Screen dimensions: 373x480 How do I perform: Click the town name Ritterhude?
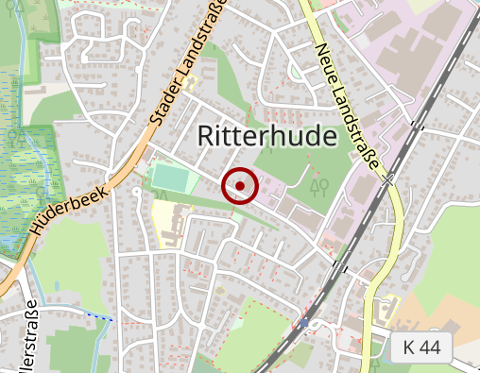click(x=267, y=137)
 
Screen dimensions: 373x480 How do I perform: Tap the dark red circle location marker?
click(x=240, y=186)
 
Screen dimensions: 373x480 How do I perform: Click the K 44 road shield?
click(x=421, y=348)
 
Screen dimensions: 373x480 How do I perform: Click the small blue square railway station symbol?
click(x=304, y=323)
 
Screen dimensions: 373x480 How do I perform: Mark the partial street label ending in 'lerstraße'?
click(x=29, y=340)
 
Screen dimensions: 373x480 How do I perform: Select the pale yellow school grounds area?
click(x=168, y=222)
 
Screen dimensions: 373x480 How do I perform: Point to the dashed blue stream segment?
click(x=99, y=316)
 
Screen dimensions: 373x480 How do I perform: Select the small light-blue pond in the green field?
click(x=297, y=71)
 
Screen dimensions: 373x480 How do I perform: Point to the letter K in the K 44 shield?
click(x=408, y=348)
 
